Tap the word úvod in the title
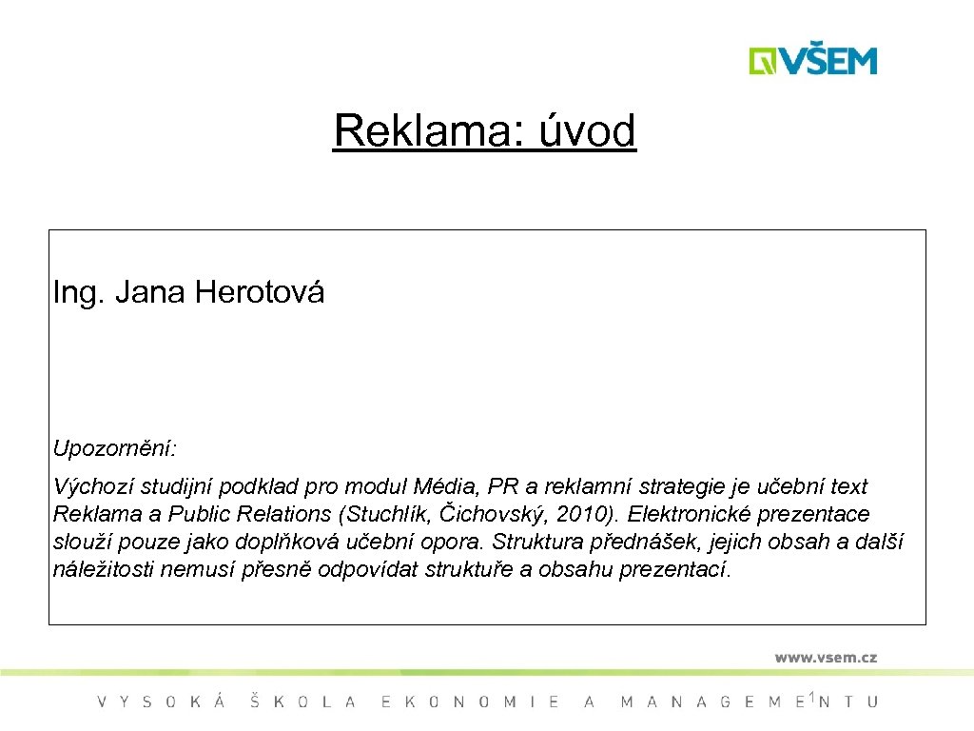[x=587, y=131]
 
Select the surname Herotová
[x=260, y=292]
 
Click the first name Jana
[x=151, y=292]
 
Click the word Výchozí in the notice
[x=93, y=487]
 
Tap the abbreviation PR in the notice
[x=502, y=487]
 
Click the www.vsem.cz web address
[x=825, y=658]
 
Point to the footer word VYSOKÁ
[x=162, y=702]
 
